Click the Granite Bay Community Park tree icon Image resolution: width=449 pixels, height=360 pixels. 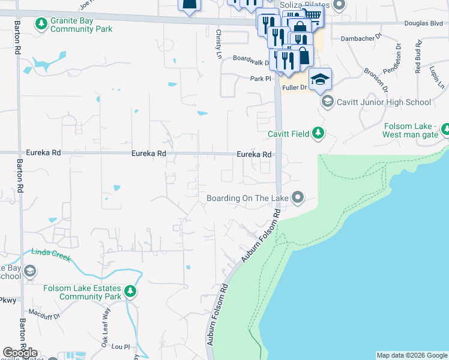41,24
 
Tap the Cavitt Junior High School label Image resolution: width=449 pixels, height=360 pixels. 384,102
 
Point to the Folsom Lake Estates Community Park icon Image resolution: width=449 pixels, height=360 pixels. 130,292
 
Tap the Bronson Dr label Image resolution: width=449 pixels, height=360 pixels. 376,80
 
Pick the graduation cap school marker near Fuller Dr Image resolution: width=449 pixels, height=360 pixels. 320,79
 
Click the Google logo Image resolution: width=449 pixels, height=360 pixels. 20,353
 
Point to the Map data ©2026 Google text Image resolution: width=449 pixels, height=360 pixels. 411,355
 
